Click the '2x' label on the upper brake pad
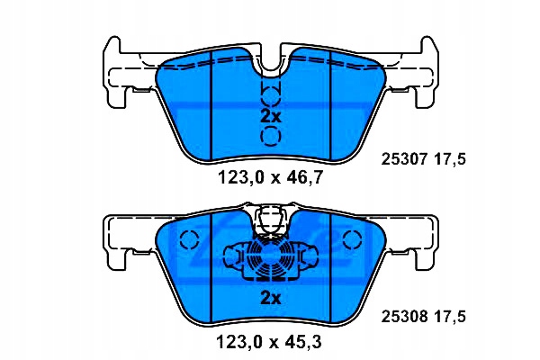click(271, 116)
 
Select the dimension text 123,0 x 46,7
click(271, 177)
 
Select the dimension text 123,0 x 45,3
click(271, 342)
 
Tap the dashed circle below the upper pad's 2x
click(271, 137)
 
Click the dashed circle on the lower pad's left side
click(188, 240)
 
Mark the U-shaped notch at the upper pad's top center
click(271, 58)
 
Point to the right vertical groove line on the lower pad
click(332, 270)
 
